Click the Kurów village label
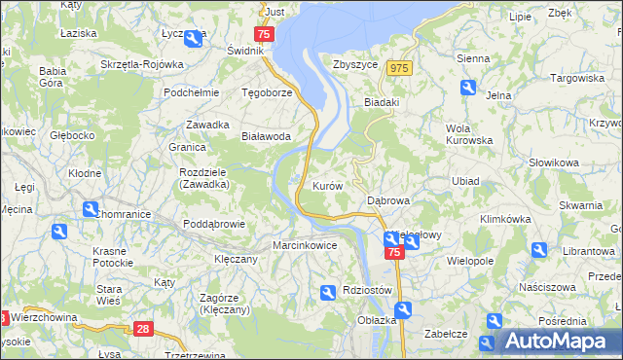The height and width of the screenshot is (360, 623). (327, 185)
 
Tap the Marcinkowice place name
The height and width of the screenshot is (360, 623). (305, 245)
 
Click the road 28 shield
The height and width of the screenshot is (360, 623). (144, 330)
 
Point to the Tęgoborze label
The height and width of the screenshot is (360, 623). (267, 93)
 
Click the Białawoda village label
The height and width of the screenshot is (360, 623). (267, 137)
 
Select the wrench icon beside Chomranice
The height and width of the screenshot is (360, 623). (91, 208)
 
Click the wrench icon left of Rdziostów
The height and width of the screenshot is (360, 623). (328, 291)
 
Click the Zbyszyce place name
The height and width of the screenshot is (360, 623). (354, 65)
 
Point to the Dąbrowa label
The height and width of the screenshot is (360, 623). (387, 200)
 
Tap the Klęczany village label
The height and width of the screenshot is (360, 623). (236, 260)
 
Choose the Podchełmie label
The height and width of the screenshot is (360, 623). (191, 93)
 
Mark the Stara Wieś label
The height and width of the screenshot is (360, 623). (109, 295)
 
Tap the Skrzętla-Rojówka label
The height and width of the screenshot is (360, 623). (141, 64)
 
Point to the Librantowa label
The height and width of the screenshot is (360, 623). (585, 252)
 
